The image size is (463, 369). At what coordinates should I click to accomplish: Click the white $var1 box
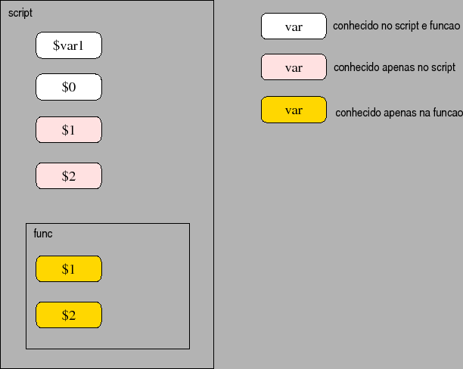68,45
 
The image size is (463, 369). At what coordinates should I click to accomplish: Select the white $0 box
68,87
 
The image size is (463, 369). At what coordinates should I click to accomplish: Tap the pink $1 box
68,130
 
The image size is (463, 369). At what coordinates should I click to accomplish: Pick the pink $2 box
68,176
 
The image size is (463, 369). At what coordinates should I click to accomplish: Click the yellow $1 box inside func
68,269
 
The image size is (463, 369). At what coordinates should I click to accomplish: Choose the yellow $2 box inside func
68,315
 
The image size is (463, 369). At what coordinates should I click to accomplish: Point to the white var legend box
294,26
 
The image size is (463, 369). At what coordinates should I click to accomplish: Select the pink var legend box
294,67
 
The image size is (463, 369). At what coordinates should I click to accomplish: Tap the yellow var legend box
294,110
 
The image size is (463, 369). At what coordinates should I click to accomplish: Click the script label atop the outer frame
20,14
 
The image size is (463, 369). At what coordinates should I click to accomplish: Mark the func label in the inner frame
43,234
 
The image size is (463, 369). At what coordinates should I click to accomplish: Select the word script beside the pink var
442,67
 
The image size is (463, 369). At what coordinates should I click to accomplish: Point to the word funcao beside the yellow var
446,113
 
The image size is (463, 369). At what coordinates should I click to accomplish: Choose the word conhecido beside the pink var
356,67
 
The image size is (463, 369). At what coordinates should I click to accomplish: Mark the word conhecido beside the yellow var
358,113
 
